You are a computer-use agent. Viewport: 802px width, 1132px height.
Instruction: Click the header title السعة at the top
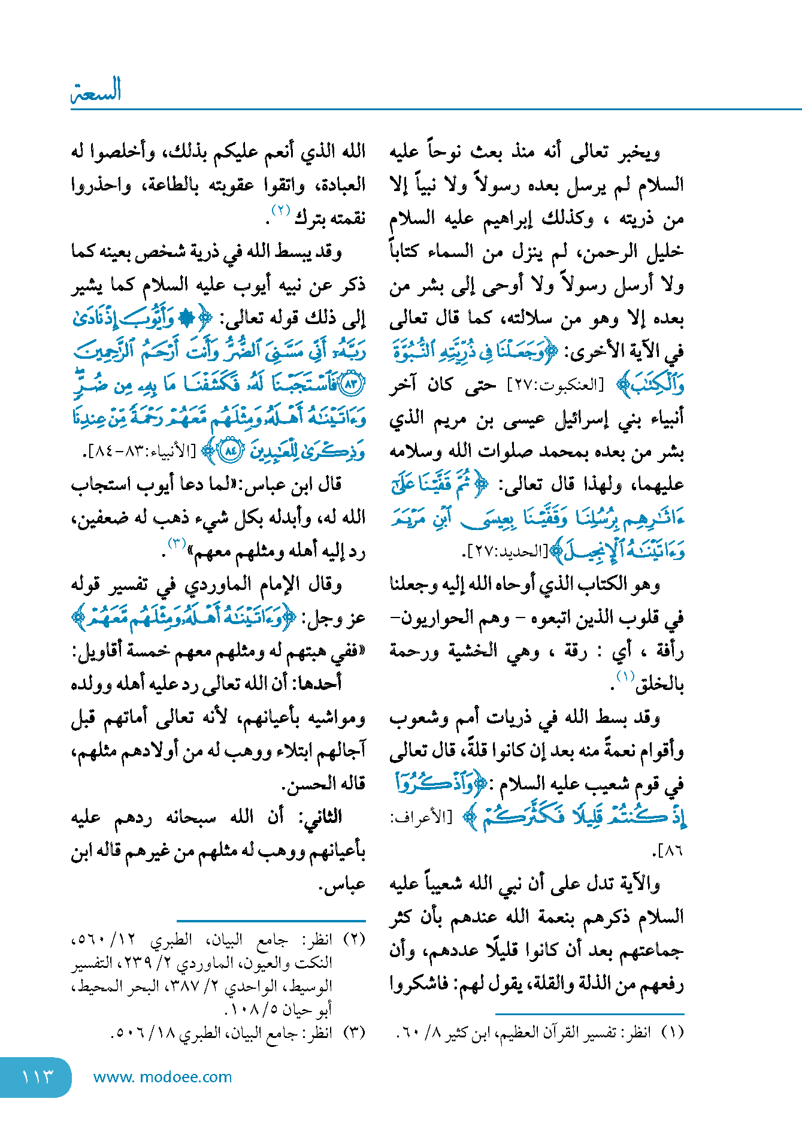pos(96,90)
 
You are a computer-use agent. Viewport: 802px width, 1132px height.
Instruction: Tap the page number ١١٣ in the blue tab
pos(37,1077)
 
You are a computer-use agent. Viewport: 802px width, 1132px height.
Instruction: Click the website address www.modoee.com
pos(162,1077)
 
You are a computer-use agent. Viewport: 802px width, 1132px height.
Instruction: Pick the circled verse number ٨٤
pos(229,450)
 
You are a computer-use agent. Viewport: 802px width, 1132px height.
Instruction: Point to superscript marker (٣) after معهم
pos(177,544)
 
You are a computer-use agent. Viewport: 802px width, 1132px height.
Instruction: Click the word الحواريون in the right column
pos(426,618)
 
